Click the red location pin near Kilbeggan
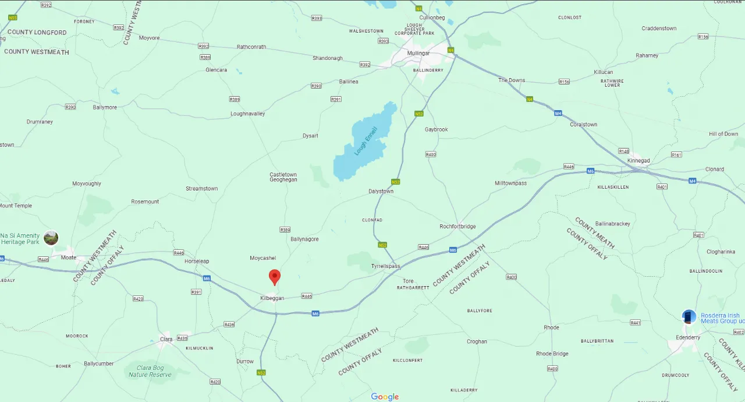click(275, 276)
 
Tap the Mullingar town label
click(419, 53)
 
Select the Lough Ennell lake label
click(366, 141)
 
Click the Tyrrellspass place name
click(386, 266)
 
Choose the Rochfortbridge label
click(457, 227)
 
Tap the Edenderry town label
click(687, 338)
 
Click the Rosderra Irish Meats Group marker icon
click(689, 316)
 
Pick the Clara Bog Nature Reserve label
click(150, 371)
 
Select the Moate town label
click(69, 258)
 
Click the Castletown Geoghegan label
click(283, 177)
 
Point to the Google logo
click(385, 397)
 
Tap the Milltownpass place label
click(510, 184)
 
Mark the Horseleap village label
click(196, 261)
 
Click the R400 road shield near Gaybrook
click(431, 154)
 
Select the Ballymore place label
click(105, 108)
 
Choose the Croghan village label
click(477, 341)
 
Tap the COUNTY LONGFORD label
click(37, 33)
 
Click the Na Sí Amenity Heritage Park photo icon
click(51, 238)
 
